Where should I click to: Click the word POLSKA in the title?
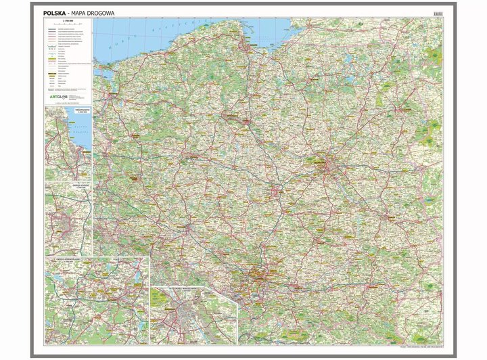pos(54,12)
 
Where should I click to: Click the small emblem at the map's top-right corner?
pos(438,12)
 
